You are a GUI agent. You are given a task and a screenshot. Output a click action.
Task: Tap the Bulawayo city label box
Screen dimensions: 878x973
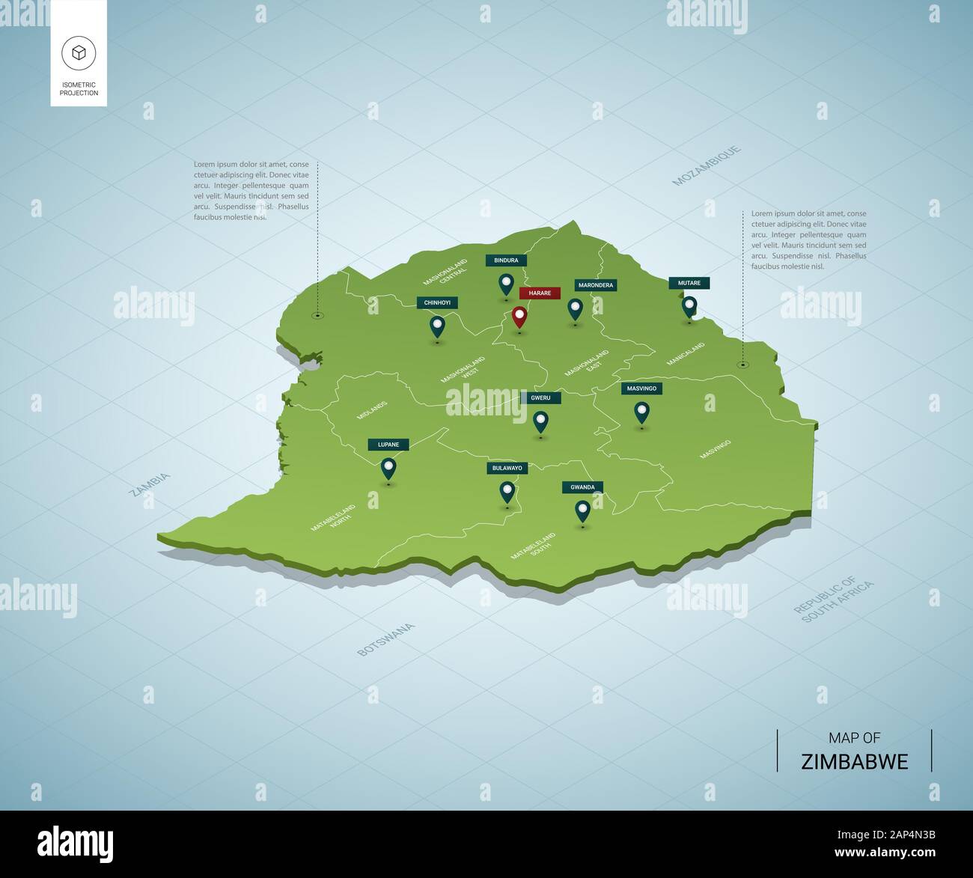click(x=507, y=468)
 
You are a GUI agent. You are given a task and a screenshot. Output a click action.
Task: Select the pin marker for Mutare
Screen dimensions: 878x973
click(x=689, y=306)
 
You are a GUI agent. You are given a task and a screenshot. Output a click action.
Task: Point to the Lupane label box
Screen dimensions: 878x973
click(x=388, y=445)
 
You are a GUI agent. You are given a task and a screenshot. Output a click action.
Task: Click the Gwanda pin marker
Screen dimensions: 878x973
click(x=582, y=510)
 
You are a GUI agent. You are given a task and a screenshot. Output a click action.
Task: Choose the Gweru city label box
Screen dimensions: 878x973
click(x=540, y=398)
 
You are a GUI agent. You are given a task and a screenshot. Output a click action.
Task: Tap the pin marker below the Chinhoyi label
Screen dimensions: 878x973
click(x=436, y=326)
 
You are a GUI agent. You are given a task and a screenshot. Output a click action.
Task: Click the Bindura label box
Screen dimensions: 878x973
click(x=506, y=260)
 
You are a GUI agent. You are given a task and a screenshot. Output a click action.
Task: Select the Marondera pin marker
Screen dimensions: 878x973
click(x=575, y=308)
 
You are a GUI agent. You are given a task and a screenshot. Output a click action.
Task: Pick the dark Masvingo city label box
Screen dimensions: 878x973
click(x=641, y=388)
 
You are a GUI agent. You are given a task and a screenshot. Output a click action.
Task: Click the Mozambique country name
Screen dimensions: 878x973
click(x=707, y=165)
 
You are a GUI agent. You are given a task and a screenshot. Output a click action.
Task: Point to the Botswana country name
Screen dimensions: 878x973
click(x=385, y=639)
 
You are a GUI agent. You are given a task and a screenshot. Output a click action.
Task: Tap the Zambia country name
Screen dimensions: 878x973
click(x=150, y=485)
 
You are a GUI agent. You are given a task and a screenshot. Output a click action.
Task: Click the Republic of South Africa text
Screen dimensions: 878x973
click(x=834, y=600)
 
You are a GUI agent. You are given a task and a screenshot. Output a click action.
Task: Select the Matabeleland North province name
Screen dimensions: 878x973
click(x=334, y=518)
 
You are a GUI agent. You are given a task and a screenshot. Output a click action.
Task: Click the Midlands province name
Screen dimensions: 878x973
click(x=372, y=409)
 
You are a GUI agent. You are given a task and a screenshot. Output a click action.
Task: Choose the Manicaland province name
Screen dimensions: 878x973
click(x=686, y=354)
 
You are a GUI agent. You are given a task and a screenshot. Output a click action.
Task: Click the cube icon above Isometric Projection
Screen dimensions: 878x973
click(x=79, y=52)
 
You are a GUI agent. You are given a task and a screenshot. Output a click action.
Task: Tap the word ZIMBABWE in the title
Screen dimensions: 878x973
click(x=854, y=762)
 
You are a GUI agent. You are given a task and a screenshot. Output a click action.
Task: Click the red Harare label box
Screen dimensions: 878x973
click(x=540, y=293)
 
